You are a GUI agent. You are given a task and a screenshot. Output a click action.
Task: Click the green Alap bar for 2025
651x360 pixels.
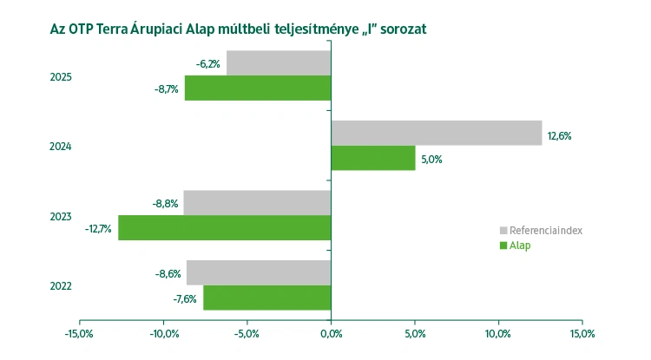(x=258, y=88)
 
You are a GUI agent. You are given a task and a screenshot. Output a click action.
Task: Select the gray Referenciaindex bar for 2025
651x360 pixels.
(x=279, y=62)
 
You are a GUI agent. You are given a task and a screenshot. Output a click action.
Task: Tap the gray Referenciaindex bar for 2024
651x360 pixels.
(x=436, y=133)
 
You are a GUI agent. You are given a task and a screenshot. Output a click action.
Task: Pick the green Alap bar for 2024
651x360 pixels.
(x=373, y=158)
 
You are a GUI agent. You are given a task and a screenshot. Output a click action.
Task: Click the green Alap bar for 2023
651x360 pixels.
(x=225, y=228)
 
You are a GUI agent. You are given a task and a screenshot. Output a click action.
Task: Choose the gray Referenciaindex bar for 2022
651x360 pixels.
(x=259, y=272)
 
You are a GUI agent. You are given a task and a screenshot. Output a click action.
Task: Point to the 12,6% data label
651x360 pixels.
(x=559, y=136)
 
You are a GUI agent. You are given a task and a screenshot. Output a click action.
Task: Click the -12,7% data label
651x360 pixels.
(x=98, y=229)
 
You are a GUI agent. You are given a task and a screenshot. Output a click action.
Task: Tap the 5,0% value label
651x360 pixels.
(x=431, y=160)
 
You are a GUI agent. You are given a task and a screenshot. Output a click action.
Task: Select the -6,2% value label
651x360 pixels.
(x=207, y=64)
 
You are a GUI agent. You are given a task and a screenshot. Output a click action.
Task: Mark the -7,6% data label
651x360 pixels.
(x=182, y=299)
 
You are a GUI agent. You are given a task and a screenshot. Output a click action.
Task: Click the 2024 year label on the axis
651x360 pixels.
(x=60, y=147)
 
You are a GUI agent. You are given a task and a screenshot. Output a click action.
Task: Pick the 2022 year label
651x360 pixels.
(x=60, y=286)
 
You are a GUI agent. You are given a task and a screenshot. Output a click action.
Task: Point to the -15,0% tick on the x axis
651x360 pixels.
(x=80, y=333)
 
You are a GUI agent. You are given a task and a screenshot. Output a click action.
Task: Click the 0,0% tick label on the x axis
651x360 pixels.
(x=331, y=333)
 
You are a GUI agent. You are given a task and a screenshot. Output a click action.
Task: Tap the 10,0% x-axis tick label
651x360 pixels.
(x=498, y=333)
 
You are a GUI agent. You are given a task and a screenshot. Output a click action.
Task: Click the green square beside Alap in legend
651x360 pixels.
(x=503, y=245)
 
